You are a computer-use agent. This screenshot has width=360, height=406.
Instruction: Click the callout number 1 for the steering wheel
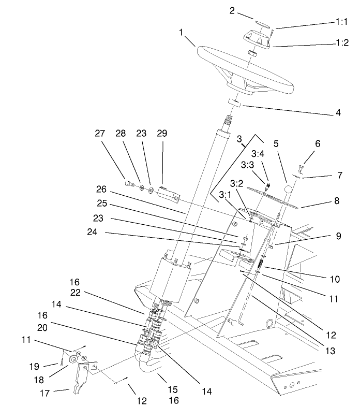[182, 32]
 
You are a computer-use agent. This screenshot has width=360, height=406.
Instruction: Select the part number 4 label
[338, 111]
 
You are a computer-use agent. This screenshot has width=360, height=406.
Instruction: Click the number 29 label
[162, 133]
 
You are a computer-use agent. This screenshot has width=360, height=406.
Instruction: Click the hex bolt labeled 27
[129, 183]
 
